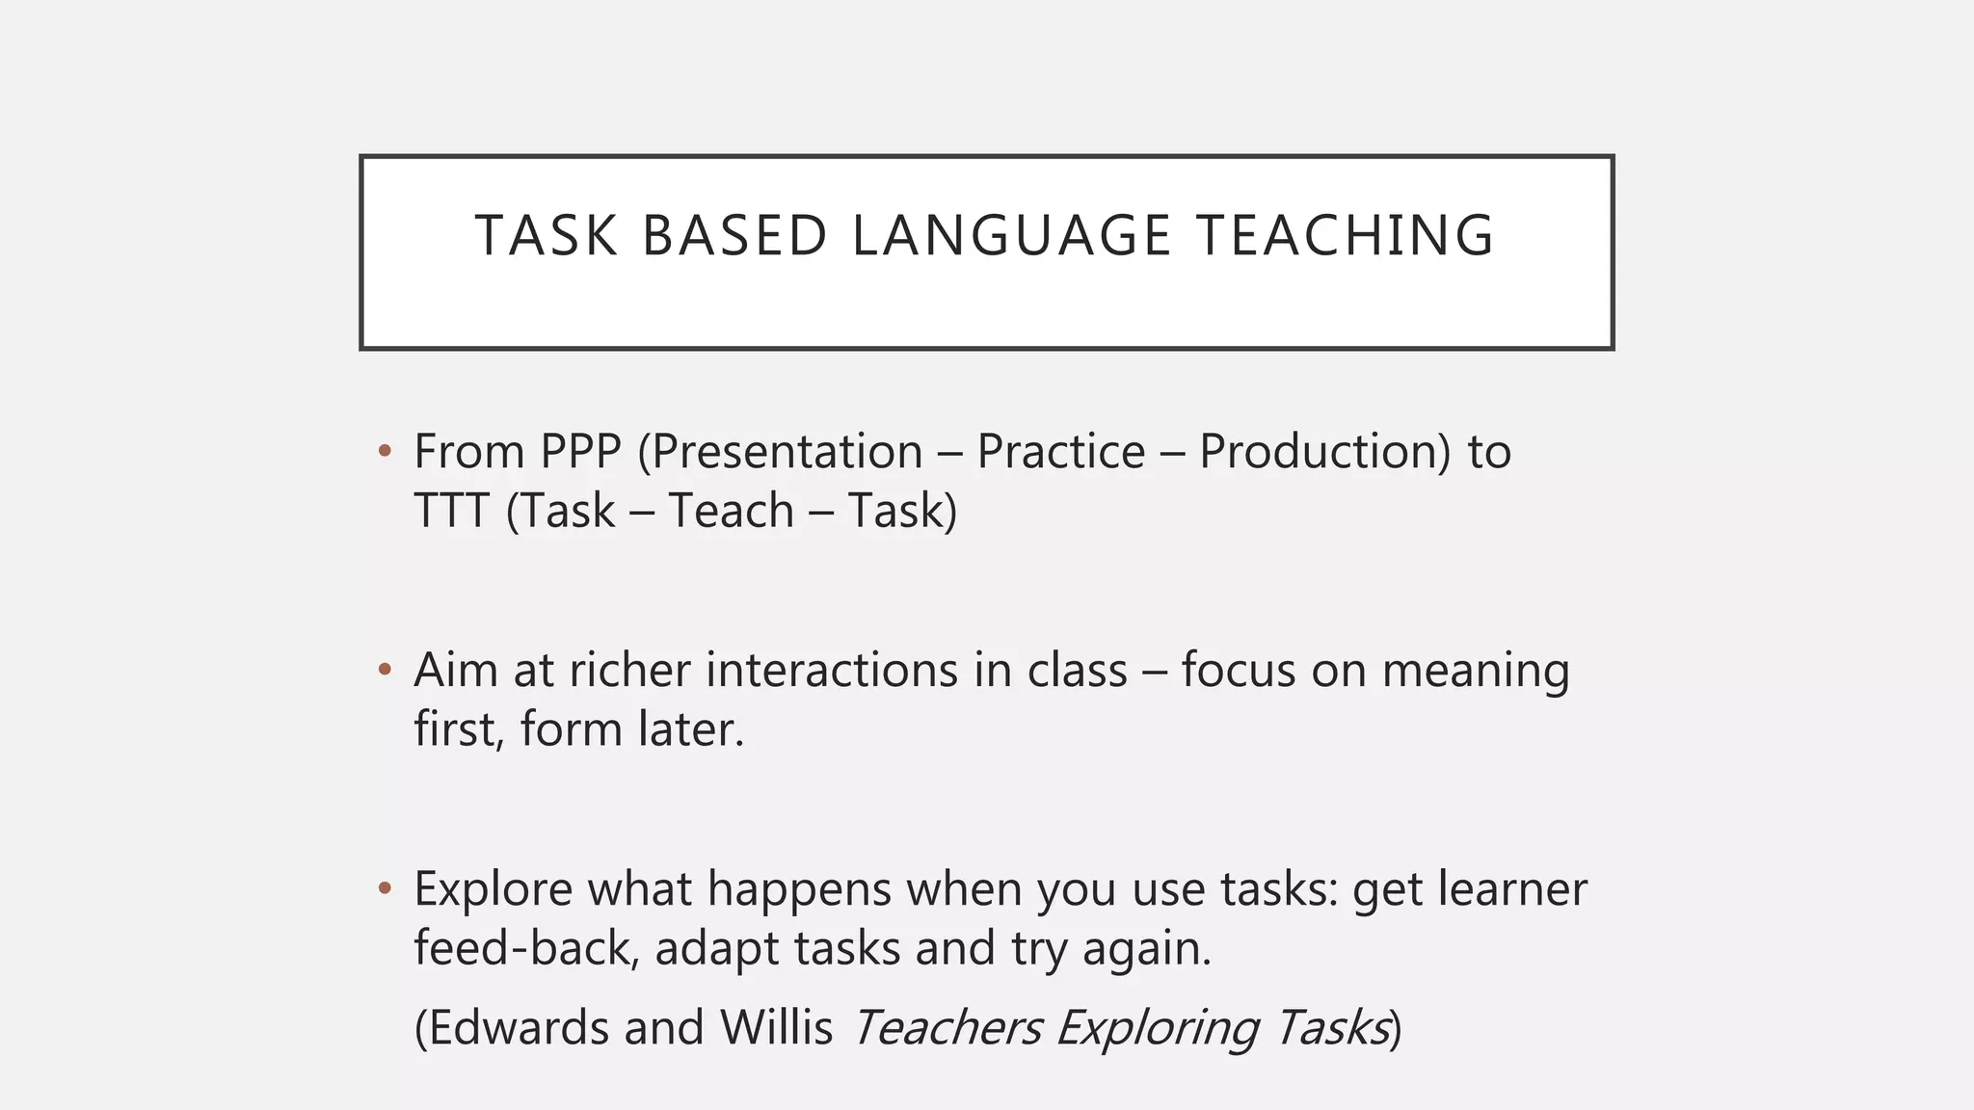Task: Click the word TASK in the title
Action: [x=546, y=236]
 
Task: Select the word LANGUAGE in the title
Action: [x=1011, y=236]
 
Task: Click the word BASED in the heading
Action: [x=734, y=236]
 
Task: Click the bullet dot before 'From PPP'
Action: [x=385, y=451]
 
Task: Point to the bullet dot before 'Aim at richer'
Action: [x=385, y=669]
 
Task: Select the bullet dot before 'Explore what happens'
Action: [x=385, y=887]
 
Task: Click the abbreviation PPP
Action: [x=580, y=451]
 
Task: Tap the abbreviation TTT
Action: [x=451, y=511]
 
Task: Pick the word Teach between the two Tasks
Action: [x=731, y=511]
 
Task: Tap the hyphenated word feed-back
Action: [x=526, y=948]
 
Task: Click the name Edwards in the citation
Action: [x=518, y=1027]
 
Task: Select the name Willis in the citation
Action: [x=776, y=1027]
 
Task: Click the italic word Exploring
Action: [x=1157, y=1028]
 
